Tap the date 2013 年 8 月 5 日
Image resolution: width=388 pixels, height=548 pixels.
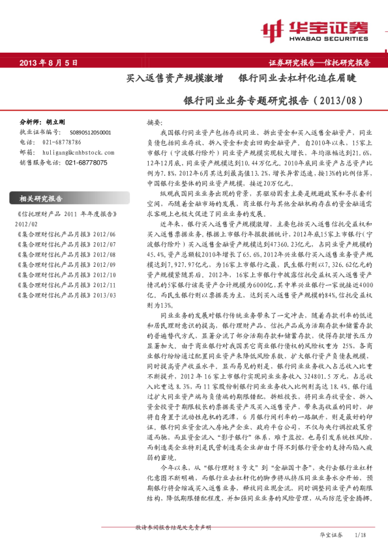49,62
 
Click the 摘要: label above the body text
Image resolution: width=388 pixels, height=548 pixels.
155,122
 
